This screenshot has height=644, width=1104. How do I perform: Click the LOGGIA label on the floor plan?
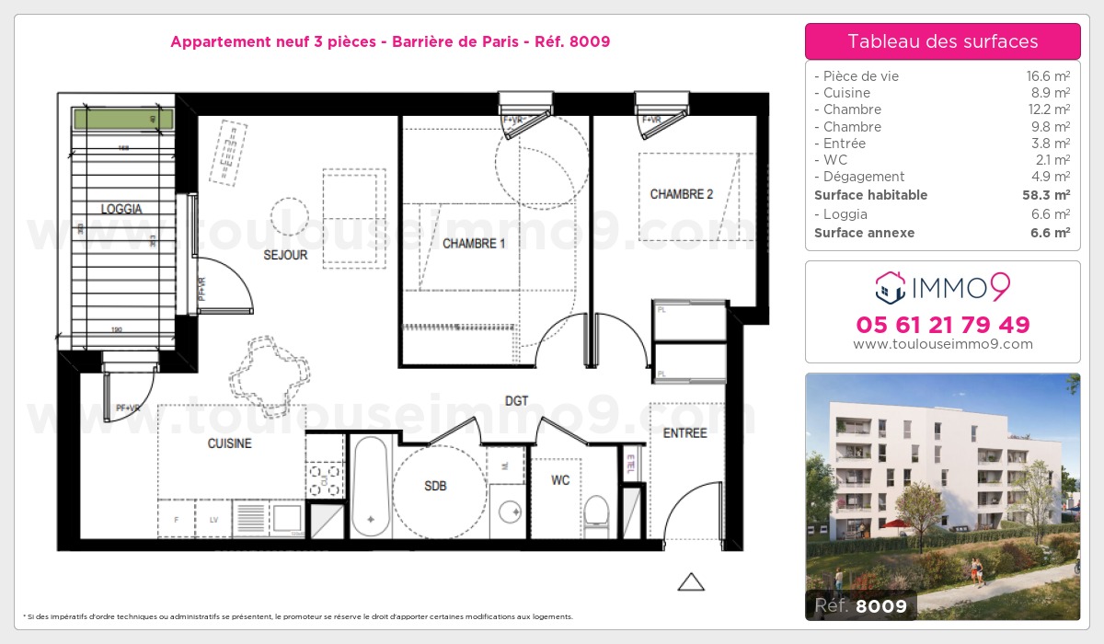tap(121, 209)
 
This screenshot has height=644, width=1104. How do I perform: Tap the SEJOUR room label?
tap(285, 255)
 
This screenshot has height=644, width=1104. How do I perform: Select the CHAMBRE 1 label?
tap(474, 244)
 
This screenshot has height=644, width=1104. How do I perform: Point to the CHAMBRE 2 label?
tap(682, 194)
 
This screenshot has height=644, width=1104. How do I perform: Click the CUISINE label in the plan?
tap(229, 443)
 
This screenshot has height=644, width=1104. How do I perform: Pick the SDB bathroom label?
tap(435, 486)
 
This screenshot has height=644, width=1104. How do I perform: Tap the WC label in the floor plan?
tap(561, 480)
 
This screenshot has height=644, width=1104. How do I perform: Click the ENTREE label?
tap(684, 433)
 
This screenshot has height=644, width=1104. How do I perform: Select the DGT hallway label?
tap(516, 401)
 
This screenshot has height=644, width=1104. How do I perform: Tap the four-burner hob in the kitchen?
tap(325, 477)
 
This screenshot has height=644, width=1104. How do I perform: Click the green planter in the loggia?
tap(123, 119)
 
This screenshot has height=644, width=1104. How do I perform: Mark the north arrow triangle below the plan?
tap(690, 581)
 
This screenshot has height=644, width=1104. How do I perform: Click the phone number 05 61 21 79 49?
tap(943, 325)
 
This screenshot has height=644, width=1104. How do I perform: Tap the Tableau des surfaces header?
tap(943, 41)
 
